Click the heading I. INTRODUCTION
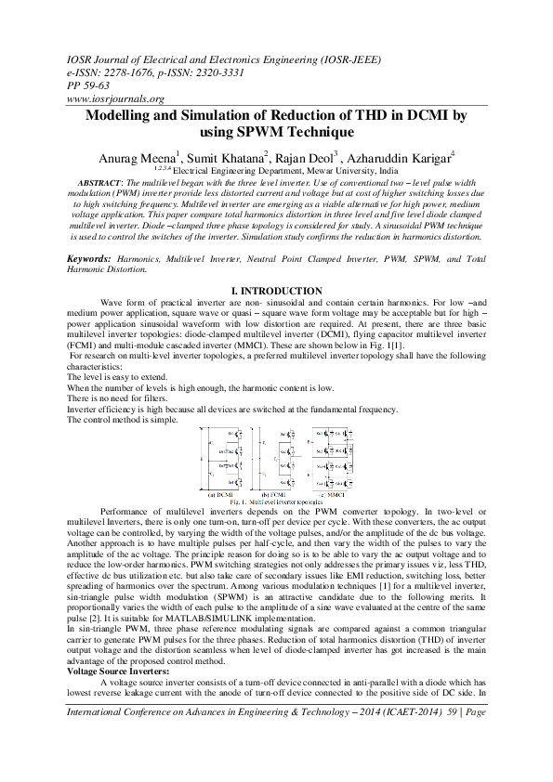[x=276, y=291]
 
